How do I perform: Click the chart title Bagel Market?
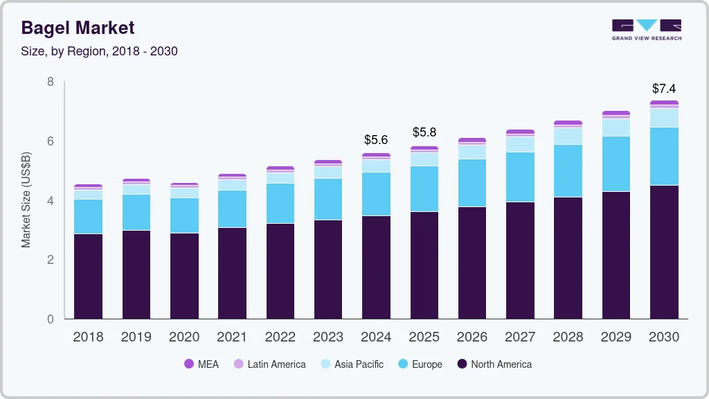coord(78,28)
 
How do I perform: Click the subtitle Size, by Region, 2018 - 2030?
coord(100,51)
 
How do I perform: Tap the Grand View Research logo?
coord(646,30)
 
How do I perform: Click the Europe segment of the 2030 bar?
coord(664,156)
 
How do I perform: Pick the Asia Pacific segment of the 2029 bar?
coord(616,127)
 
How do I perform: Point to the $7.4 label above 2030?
coord(664,89)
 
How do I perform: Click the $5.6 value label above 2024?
coord(376,140)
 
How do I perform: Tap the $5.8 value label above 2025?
coord(424,132)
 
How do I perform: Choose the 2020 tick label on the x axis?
coord(184,337)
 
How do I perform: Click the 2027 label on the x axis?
coord(520,337)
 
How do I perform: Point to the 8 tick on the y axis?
coord(51,82)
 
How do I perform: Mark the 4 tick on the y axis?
coord(51,201)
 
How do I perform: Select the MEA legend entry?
coord(201,364)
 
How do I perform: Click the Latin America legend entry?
coord(269,364)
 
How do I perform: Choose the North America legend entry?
coord(494,364)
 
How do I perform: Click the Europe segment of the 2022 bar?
coord(280,203)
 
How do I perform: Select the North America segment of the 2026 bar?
coord(472,263)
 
